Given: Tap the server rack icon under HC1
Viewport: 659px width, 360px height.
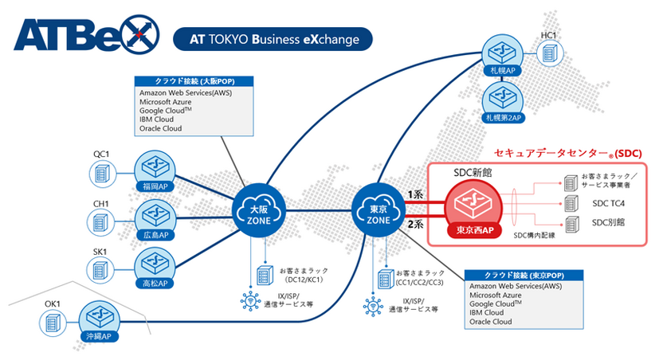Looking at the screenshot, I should click(x=549, y=53).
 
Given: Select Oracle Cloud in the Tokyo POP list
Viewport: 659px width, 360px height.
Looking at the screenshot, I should click(x=492, y=322).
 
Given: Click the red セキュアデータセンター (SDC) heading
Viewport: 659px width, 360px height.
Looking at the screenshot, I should click(x=568, y=151).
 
